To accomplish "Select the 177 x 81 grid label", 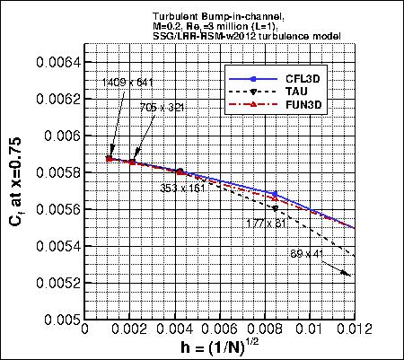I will (x=263, y=221).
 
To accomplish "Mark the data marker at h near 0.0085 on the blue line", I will (x=276, y=194).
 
